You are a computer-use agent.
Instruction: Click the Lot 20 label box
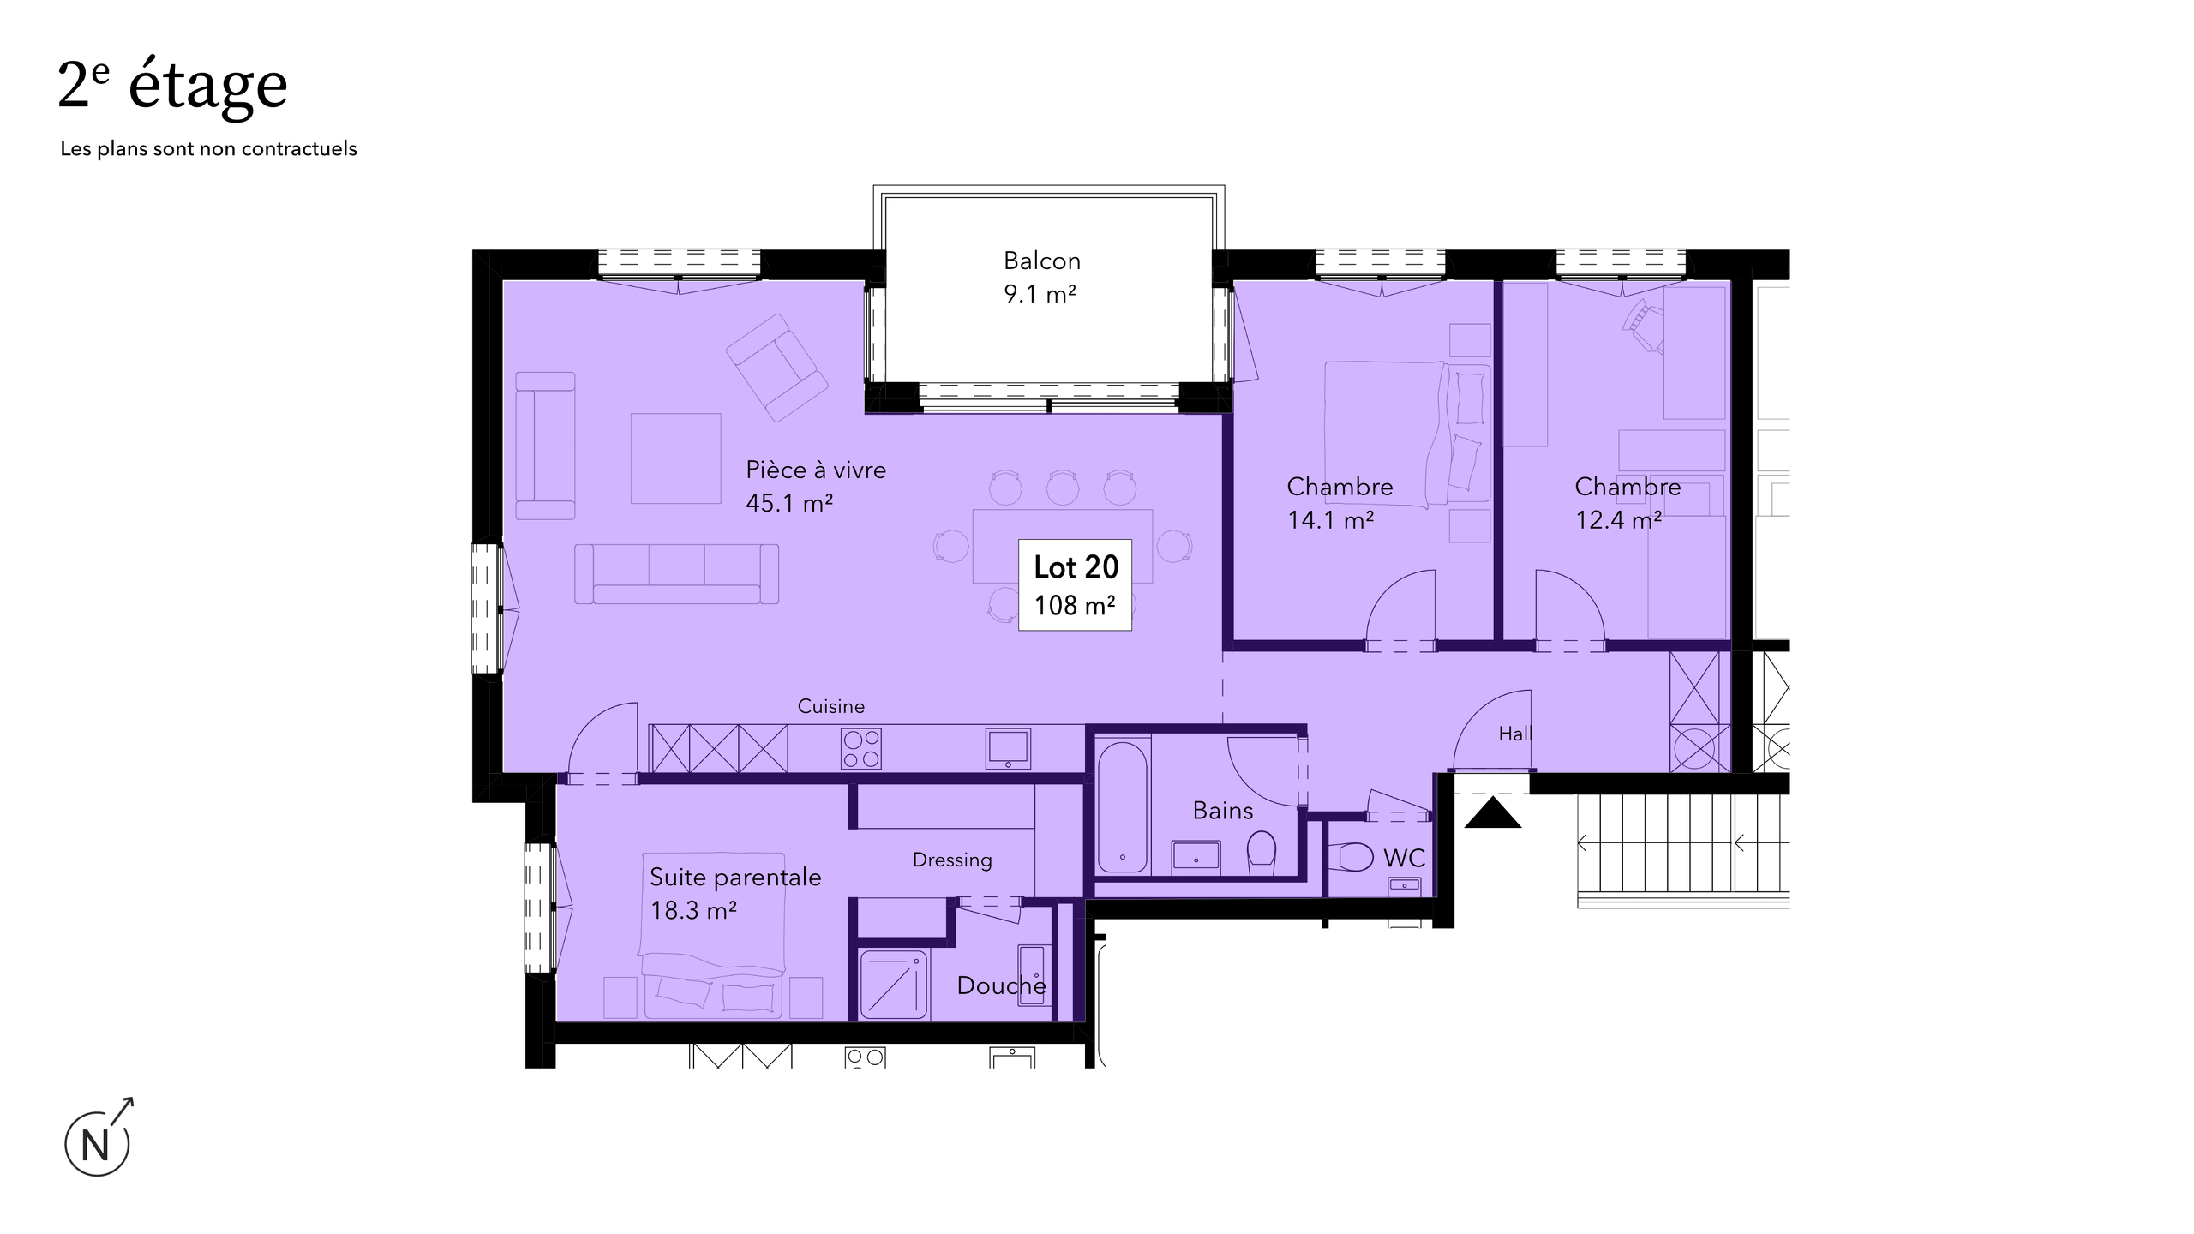tap(1075, 585)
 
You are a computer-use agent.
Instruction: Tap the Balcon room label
tap(1042, 261)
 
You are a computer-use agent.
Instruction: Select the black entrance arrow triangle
tap(1493, 812)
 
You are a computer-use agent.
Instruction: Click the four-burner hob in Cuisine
tap(861, 749)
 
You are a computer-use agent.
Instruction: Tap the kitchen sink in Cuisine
tap(1008, 748)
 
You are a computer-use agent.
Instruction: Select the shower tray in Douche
tap(894, 985)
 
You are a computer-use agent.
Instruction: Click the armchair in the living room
tap(776, 368)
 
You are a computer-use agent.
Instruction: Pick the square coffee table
tap(676, 458)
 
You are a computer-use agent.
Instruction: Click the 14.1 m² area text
tap(1331, 520)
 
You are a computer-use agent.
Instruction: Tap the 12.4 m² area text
tap(1619, 520)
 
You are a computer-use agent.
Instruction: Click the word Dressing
tap(952, 860)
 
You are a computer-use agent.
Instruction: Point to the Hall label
tap(1515, 734)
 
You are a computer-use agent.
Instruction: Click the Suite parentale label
tap(735, 878)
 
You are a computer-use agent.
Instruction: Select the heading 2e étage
tap(172, 86)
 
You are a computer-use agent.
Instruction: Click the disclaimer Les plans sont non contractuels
tap(208, 148)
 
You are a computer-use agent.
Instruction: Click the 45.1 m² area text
tap(789, 503)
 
